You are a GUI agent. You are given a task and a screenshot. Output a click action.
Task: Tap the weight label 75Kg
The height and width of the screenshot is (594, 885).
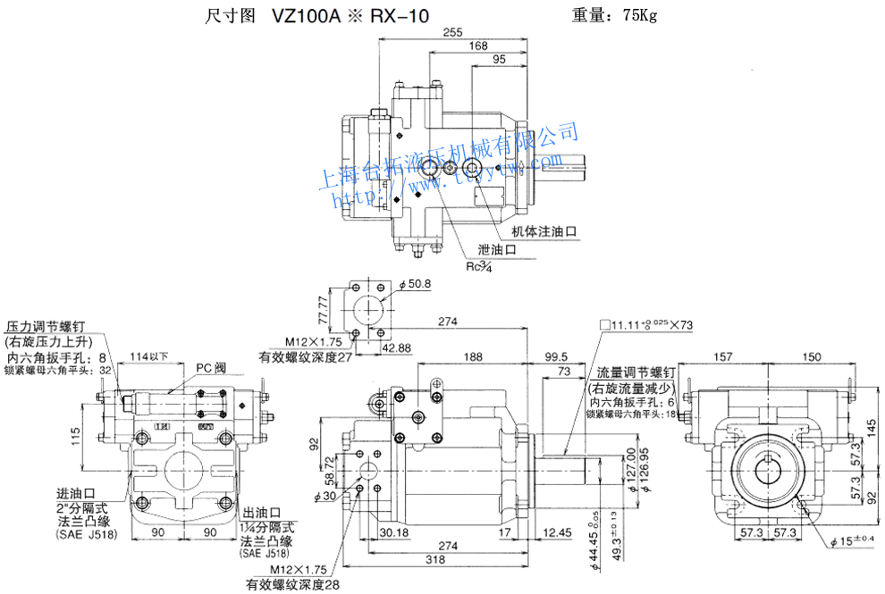(x=636, y=15)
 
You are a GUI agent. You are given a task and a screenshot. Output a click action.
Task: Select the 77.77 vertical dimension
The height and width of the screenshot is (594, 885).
(x=323, y=310)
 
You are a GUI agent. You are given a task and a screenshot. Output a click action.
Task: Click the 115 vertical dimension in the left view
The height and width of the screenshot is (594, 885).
(x=77, y=436)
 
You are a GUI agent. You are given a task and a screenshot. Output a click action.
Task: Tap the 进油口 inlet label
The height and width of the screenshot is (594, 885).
(x=76, y=493)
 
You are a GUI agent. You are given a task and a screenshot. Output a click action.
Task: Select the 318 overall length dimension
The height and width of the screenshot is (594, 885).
(x=435, y=560)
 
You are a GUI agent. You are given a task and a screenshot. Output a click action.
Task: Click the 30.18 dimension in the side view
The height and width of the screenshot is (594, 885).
(x=393, y=533)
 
